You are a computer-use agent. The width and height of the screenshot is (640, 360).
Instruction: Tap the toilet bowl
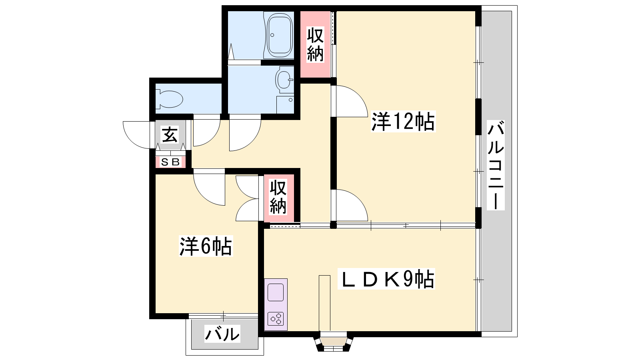pyautogui.click(x=169, y=99)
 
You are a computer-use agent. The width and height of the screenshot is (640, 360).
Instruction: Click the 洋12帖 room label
pyautogui.click(x=403, y=122)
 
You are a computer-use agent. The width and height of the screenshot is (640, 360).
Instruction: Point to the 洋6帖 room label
pyautogui.click(x=206, y=246)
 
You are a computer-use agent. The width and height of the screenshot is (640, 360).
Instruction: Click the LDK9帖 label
pyautogui.click(x=386, y=278)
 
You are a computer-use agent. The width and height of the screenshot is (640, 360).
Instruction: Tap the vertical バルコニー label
pyautogui.click(x=496, y=165)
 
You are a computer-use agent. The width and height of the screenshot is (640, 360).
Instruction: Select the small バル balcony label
pyautogui.click(x=222, y=334)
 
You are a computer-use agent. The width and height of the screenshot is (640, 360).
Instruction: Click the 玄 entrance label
pyautogui.click(x=170, y=134)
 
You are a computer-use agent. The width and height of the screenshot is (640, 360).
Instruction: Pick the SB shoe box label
pyautogui.click(x=170, y=162)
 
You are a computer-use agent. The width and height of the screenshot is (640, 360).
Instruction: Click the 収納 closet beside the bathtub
pyautogui.click(x=315, y=44)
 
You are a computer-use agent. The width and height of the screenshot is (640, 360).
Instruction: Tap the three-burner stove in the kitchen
pyautogui.click(x=276, y=319)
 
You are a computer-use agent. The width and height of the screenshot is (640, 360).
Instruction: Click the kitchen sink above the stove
pyautogui.click(x=276, y=292)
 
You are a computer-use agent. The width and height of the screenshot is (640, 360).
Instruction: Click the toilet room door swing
pyautogui.click(x=206, y=130)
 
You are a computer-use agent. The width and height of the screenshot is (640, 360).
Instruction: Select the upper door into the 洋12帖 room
pyautogui.click(x=352, y=102)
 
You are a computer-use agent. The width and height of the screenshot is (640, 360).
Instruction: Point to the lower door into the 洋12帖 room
pyautogui.click(x=352, y=205)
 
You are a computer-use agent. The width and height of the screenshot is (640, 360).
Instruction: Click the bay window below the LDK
pyautogui.click(x=334, y=341)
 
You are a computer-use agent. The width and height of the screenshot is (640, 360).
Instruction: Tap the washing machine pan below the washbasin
pyautogui.click(x=285, y=104)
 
